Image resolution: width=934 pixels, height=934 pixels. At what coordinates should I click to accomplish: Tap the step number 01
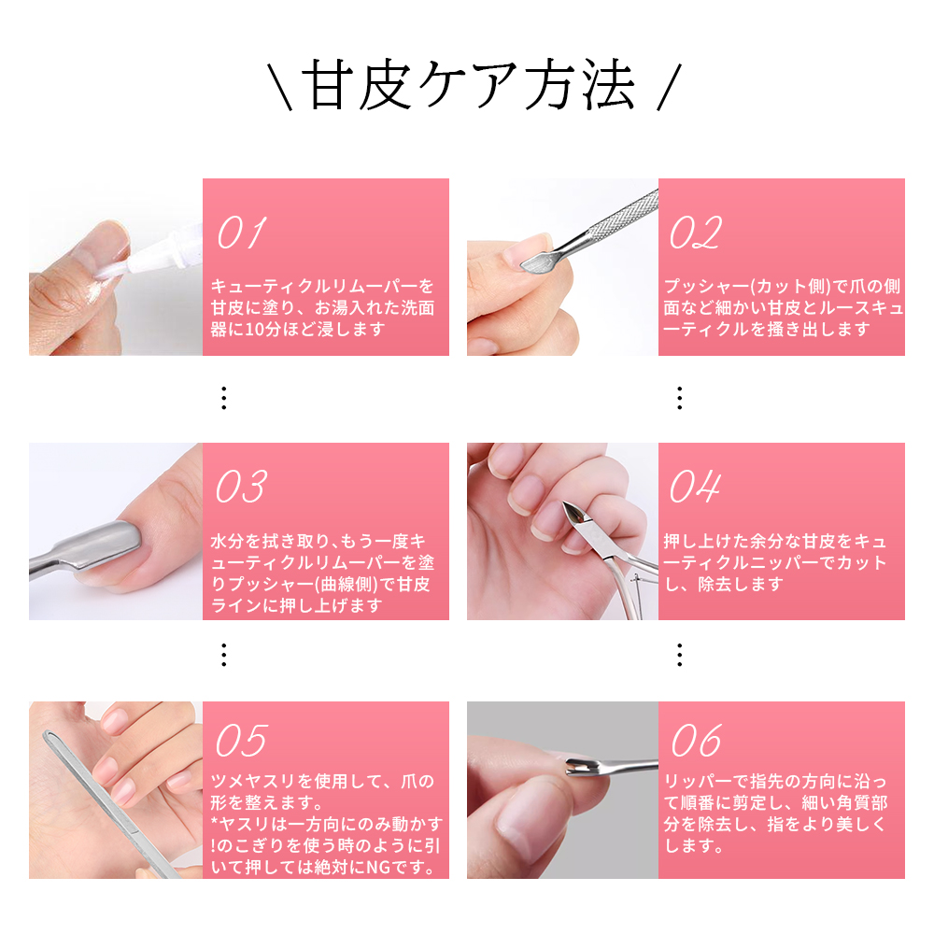pyautogui.click(x=242, y=233)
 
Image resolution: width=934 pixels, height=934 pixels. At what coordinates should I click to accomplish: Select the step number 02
pyautogui.click(x=695, y=233)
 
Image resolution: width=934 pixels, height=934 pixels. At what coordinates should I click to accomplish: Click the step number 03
pyautogui.click(x=242, y=487)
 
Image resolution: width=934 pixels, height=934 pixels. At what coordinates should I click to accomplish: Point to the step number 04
pyautogui.click(x=695, y=487)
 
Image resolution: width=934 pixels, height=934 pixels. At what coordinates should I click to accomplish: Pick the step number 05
pyautogui.click(x=242, y=742)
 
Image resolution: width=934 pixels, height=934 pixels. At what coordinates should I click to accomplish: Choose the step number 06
pyautogui.click(x=695, y=742)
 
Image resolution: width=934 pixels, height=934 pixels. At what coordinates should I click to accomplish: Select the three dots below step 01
pyautogui.click(x=223, y=399)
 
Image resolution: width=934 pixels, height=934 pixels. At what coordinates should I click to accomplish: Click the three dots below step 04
pyautogui.click(x=679, y=654)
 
